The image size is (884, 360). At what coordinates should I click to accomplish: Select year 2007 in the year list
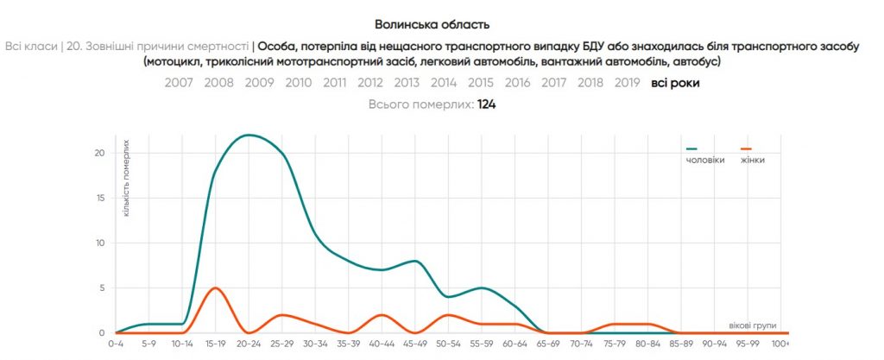(x=179, y=83)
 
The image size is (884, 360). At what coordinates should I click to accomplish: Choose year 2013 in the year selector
(x=407, y=83)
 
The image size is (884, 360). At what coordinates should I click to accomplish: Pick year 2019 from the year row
(x=627, y=83)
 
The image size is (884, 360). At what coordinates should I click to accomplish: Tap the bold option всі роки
(x=675, y=83)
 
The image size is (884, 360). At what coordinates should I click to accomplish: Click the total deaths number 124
(x=486, y=104)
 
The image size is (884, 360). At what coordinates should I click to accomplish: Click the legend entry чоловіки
(x=704, y=161)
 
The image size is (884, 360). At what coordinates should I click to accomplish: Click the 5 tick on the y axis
(x=102, y=287)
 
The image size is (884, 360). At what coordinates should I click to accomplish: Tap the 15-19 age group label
(x=215, y=343)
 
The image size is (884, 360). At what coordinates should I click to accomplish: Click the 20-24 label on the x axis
(x=249, y=343)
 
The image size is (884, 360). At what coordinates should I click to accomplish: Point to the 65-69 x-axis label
(x=549, y=343)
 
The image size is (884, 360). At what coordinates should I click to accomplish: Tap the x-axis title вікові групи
(x=753, y=325)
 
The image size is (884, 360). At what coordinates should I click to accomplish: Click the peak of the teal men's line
(x=249, y=135)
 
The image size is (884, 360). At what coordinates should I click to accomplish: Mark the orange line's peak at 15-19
(x=215, y=287)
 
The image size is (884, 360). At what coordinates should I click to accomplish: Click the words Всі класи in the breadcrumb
(x=31, y=46)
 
